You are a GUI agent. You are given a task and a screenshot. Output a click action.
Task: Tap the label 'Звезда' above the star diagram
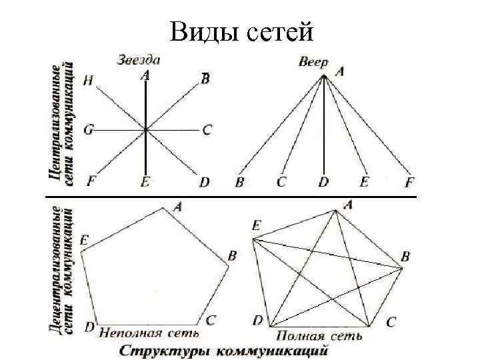[139, 59]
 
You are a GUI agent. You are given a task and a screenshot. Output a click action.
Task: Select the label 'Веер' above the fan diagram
[313, 62]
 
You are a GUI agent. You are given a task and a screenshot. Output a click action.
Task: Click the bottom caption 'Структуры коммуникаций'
[225, 350]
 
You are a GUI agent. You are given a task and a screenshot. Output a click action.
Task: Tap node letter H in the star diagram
[89, 81]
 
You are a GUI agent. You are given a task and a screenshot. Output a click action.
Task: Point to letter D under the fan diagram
[323, 181]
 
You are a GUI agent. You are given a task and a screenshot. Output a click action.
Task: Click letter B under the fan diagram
[239, 181]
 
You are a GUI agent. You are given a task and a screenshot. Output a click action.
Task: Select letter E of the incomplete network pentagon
[84, 239]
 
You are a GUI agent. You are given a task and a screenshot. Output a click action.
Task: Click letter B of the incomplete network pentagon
[232, 255]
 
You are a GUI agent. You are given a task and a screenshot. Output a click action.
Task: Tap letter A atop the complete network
[348, 206]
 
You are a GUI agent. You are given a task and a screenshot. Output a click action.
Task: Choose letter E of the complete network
[256, 227]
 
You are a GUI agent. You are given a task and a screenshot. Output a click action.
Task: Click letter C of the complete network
[391, 322]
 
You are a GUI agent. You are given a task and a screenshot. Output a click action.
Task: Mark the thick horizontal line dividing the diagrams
[230, 198]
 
